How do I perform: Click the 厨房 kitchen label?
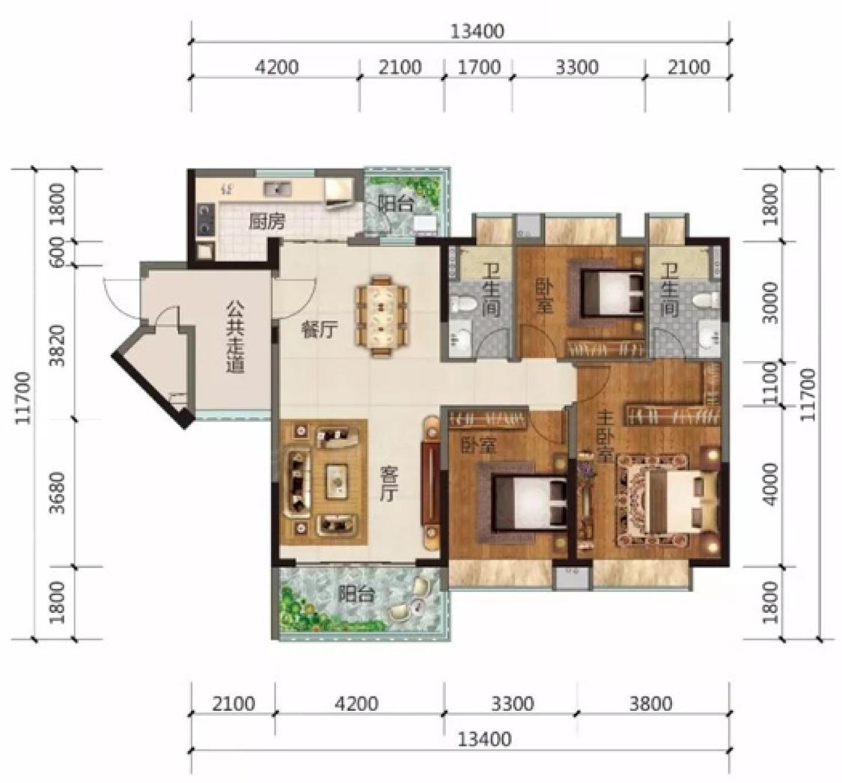coord(266,222)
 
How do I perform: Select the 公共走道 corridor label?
coord(235,338)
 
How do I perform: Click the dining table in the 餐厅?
coord(382,316)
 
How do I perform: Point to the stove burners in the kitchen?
coord(204,220)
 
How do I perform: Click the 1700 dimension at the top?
coord(479,67)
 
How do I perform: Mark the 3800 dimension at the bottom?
coord(651,703)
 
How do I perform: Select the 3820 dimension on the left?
coord(57,345)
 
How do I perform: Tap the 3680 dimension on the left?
coord(57,493)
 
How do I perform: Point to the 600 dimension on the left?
coord(57,252)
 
